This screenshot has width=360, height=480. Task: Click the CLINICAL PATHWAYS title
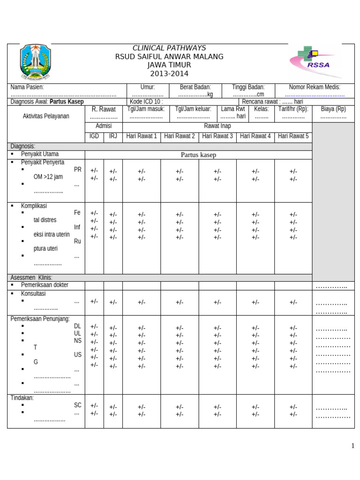(169, 48)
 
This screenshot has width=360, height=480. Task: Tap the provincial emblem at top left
(34, 62)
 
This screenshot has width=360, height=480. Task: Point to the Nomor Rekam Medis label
(315, 87)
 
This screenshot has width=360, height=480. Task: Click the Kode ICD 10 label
(146, 102)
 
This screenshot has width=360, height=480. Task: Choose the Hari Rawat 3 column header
(217, 136)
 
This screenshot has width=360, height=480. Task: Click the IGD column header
(94, 136)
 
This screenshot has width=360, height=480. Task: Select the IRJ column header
(113, 136)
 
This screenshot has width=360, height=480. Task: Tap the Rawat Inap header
(217, 126)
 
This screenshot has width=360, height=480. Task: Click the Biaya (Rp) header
(333, 109)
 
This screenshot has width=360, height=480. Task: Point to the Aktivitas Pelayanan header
(46, 116)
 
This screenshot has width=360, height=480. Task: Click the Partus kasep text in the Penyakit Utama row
(198, 155)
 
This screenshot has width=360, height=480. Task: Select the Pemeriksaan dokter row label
(45, 285)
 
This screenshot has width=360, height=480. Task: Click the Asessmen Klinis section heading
(31, 277)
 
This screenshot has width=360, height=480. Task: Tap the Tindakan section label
(22, 398)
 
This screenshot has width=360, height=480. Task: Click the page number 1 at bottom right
(352, 446)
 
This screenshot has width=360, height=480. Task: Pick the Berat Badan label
(195, 87)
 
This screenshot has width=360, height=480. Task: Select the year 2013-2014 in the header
(169, 74)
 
